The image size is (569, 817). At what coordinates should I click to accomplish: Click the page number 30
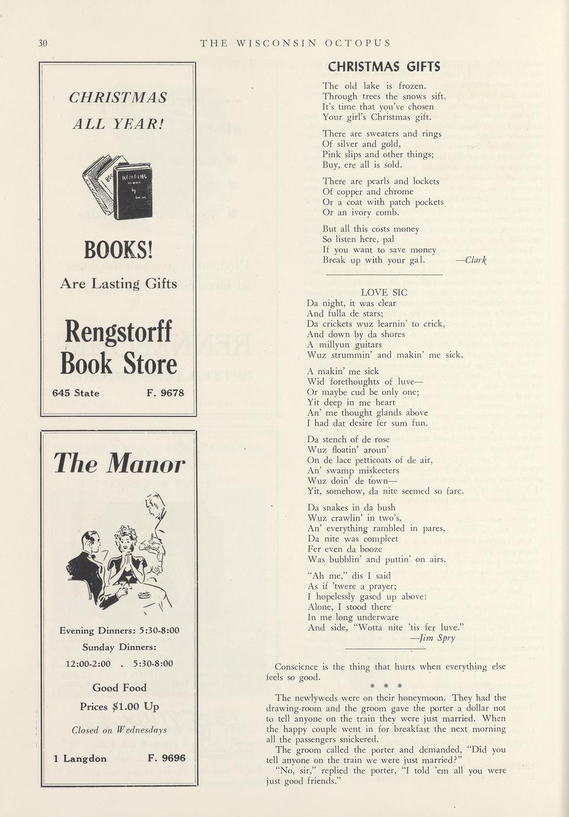click(43, 43)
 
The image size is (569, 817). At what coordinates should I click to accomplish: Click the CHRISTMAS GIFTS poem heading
click(384, 66)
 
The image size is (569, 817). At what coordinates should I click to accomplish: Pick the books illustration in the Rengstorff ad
click(118, 187)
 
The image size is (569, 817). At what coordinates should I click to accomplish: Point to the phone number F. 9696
click(166, 758)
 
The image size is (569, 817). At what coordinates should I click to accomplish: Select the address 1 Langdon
click(80, 758)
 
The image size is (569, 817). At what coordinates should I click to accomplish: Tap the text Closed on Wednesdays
click(119, 730)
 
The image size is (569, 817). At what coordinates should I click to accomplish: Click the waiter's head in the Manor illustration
click(155, 505)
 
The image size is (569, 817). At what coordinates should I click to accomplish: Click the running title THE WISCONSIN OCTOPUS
click(295, 43)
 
